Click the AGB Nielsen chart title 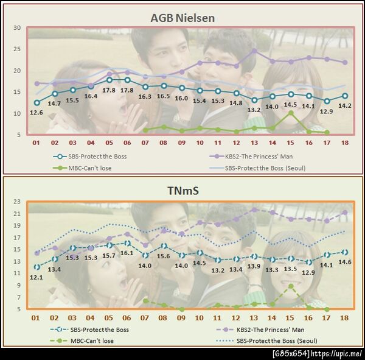click(x=182, y=18)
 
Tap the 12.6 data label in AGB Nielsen click(x=36, y=112)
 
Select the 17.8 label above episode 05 click(x=109, y=90)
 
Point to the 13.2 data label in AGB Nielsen click(x=254, y=110)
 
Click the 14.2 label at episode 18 click(x=345, y=105)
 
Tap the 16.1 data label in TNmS click(x=127, y=253)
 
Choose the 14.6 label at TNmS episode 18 click(x=345, y=262)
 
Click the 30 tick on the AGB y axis click(x=17, y=28)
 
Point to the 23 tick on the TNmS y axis click(x=17, y=202)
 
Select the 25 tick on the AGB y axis click(x=17, y=49)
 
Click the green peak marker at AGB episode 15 click(x=291, y=113)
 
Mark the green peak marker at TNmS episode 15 click(x=291, y=286)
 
